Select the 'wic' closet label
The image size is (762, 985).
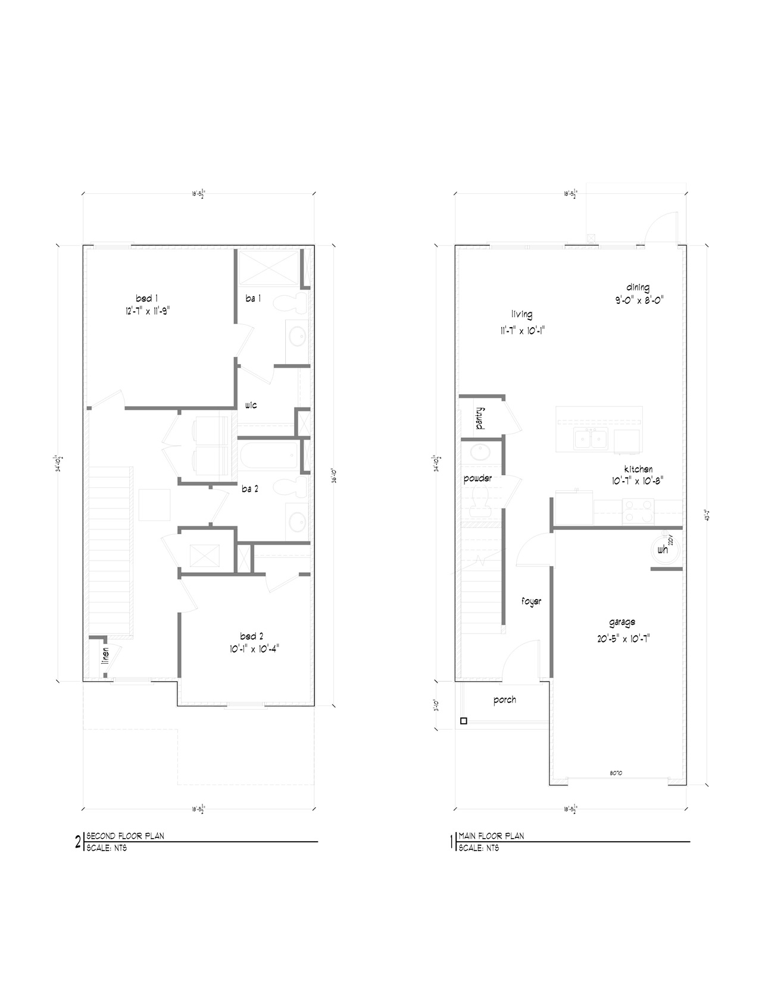(251, 405)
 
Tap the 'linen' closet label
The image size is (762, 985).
(105, 655)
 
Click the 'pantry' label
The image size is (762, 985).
(480, 418)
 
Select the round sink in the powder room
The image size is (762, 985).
(480, 454)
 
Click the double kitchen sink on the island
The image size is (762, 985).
(590, 439)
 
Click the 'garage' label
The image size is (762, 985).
(622, 622)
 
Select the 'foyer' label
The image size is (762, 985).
(531, 601)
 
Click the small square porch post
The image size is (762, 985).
(464, 722)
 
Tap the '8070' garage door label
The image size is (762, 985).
(616, 773)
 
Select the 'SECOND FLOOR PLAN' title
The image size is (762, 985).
(126, 836)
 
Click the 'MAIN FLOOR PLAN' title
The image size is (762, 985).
(491, 836)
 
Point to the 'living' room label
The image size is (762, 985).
(521, 314)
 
